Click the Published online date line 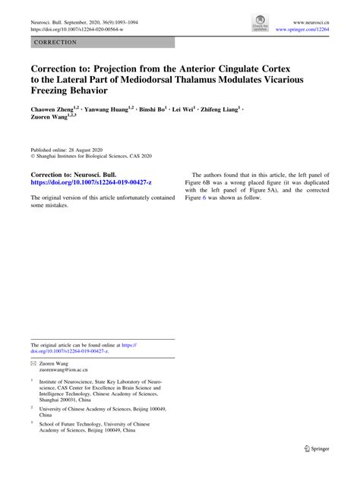[x=69, y=152]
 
